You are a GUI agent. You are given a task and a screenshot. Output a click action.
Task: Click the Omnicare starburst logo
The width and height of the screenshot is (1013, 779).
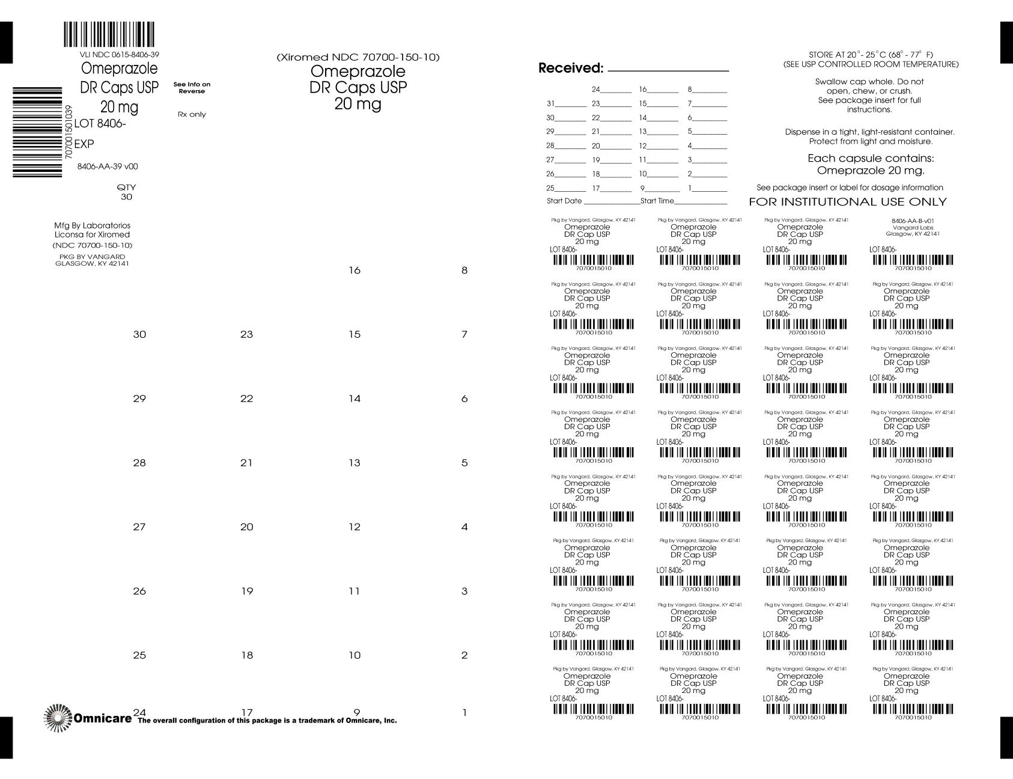pos(58,718)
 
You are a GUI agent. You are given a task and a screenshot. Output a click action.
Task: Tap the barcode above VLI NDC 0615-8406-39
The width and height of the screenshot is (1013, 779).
pos(109,35)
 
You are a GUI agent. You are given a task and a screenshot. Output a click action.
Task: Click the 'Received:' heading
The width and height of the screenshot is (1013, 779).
pos(570,69)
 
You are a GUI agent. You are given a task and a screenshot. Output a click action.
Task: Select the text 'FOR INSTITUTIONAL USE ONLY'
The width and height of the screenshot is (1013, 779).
pos(847,202)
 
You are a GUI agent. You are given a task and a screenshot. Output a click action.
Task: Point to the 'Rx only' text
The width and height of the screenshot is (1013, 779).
pos(192,114)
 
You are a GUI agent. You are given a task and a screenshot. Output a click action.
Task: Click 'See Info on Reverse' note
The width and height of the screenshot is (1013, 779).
pos(192,88)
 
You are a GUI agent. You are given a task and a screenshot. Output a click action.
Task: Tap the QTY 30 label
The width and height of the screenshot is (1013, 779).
pos(126,192)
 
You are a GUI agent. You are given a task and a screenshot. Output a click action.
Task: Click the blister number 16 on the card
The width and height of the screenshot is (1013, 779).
pos(354,270)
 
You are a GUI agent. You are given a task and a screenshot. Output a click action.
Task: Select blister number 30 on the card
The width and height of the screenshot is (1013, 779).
pos(139,335)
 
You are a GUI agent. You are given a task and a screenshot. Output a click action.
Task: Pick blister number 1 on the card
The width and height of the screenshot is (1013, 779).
pos(464,713)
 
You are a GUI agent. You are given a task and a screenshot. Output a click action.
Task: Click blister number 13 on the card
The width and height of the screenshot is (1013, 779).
pos(354,463)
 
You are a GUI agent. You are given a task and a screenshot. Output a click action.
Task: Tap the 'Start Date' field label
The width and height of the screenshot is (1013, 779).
pos(564,201)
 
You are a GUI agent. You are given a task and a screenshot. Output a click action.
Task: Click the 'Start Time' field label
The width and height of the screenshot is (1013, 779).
pos(657,201)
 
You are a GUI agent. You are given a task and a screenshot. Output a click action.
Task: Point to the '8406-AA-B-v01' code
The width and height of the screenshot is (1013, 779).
pos(913,221)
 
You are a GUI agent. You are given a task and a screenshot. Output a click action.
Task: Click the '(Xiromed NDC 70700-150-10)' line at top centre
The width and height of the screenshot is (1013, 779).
pos(358,57)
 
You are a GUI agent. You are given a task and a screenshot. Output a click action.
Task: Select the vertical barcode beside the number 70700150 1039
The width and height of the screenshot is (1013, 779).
pos(37,132)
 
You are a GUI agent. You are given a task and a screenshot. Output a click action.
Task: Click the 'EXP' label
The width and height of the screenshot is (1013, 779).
pos(84,144)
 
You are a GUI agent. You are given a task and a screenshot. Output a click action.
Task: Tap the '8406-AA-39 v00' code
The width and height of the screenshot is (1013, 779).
pos(108,166)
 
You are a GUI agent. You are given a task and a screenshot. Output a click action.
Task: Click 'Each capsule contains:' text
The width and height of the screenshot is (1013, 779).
pos(871,159)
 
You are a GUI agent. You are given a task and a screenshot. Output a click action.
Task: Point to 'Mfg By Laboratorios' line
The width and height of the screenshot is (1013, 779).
pos(92,225)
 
